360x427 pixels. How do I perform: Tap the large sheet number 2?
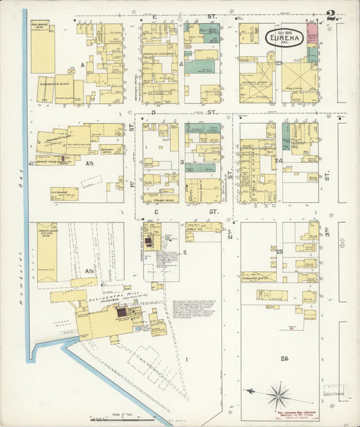click(x=331, y=15)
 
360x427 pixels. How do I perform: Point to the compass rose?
click(x=279, y=394)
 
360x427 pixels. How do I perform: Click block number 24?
click(x=278, y=161)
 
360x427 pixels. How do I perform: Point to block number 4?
click(x=182, y=64)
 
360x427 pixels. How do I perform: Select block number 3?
click(x=182, y=162)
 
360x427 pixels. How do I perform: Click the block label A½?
click(x=88, y=163)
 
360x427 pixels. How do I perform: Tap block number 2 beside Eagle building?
click(x=184, y=252)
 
